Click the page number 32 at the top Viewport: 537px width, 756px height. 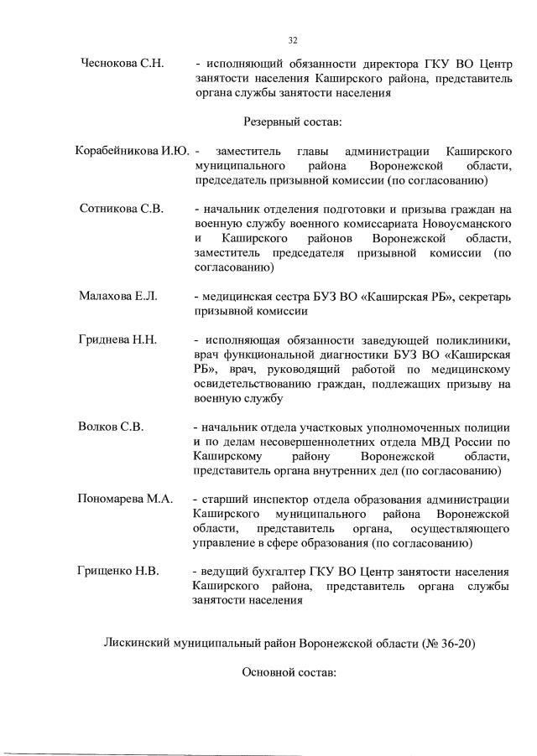(293, 39)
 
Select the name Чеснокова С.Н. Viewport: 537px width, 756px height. (121, 63)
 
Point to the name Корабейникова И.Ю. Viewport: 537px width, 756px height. (131, 152)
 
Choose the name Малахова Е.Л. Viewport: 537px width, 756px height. (118, 297)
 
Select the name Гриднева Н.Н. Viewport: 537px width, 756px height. (118, 339)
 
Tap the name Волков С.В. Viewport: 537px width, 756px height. (111, 427)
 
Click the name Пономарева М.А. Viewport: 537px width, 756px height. (125, 499)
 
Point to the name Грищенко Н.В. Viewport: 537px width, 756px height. (118, 572)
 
